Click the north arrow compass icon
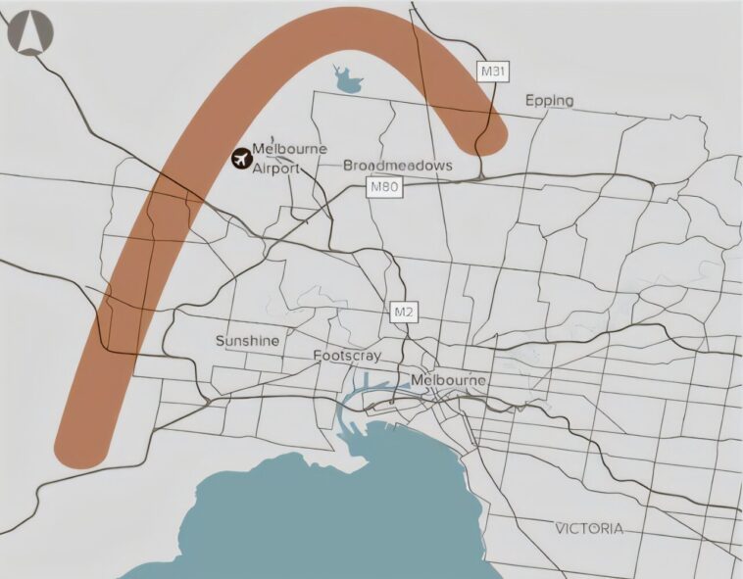tap(30, 32)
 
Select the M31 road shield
tap(492, 71)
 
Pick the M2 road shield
tap(404, 312)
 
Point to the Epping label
tap(549, 101)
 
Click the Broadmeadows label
tap(398, 166)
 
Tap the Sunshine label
tap(247, 341)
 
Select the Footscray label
tap(347, 356)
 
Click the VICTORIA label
tap(588, 528)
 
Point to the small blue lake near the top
tap(347, 81)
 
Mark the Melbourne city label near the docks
tap(448, 380)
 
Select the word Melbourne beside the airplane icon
tap(290, 149)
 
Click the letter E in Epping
tap(529, 101)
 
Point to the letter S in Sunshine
tap(220, 341)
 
